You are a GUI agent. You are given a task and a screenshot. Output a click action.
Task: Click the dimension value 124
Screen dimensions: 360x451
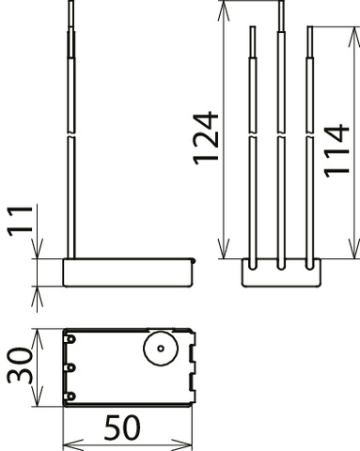(x=206, y=138)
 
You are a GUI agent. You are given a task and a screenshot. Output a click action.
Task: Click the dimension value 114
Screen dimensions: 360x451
(x=337, y=151)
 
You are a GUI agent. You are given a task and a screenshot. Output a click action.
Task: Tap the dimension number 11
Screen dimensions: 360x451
(x=20, y=221)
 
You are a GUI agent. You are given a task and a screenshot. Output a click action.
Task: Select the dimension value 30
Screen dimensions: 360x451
(x=20, y=365)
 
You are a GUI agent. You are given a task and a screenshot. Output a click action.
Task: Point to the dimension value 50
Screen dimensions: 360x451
(x=122, y=428)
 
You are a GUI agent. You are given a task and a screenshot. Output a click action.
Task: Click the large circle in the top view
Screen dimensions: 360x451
(x=161, y=349)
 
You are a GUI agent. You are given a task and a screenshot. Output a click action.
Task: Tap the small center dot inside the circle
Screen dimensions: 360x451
(x=161, y=349)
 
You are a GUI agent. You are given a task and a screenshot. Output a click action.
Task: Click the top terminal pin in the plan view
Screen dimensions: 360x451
(x=70, y=339)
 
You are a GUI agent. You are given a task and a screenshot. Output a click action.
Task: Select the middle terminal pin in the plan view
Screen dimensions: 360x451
(x=70, y=367)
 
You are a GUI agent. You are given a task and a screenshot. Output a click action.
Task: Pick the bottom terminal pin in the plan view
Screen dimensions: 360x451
(x=70, y=397)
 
